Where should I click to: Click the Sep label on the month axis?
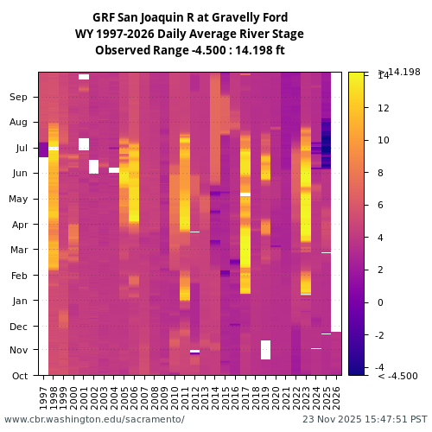[x=18, y=98]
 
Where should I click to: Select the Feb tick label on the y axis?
[x=18, y=276]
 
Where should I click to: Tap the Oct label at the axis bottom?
[x=19, y=376]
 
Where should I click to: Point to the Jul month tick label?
[x=20, y=149]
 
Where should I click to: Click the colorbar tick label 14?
[x=383, y=76]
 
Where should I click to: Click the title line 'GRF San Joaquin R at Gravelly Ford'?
[x=190, y=17]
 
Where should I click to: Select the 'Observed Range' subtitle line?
[x=190, y=50]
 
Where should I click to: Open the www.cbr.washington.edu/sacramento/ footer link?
[x=94, y=419]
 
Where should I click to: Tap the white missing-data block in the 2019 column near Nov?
[x=266, y=350]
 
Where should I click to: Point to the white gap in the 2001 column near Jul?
[x=84, y=144]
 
